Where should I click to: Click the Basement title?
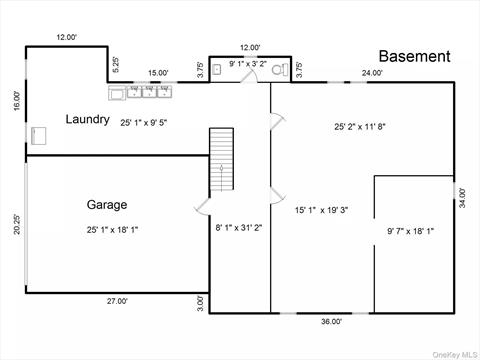point(415,56)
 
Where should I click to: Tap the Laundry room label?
point(87,119)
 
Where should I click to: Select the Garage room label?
point(107,205)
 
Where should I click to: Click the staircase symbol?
point(221,159)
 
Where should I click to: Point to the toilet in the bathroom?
point(280,70)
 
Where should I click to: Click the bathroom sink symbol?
point(217,69)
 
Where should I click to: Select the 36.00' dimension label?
point(331,321)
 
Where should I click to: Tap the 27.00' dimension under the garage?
point(117,301)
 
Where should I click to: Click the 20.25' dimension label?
point(17,224)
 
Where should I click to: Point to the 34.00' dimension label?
point(462,198)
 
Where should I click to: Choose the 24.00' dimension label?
point(372,72)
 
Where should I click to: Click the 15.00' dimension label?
point(158,72)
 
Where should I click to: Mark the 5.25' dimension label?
point(115,65)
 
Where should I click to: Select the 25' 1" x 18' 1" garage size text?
point(112,230)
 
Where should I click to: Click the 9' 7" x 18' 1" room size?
point(410,231)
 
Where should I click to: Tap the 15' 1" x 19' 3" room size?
point(321,210)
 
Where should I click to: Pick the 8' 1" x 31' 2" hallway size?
point(239,228)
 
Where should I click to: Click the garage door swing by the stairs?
point(201,206)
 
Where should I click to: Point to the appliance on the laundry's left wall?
point(39,136)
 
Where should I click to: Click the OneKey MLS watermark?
point(455,354)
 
